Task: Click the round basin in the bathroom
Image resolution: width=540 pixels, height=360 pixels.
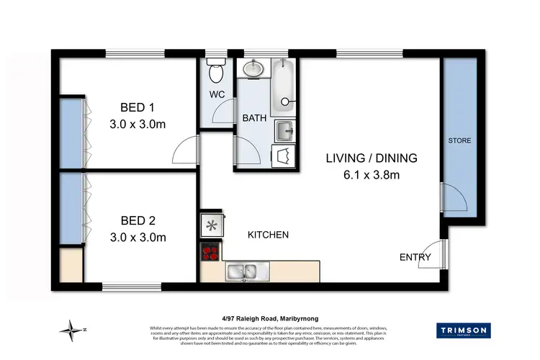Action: coord(253,70)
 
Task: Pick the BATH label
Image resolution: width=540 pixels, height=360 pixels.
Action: coord(255,118)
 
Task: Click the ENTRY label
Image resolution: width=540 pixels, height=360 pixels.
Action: coord(415,257)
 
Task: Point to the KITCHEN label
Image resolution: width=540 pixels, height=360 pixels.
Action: coord(268,235)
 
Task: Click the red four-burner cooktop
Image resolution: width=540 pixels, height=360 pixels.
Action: coord(211,253)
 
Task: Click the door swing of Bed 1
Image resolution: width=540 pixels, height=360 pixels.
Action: coord(185,151)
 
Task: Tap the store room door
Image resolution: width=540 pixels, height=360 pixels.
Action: coord(454,197)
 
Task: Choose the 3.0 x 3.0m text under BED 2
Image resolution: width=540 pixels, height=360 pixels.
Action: coord(137,237)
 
